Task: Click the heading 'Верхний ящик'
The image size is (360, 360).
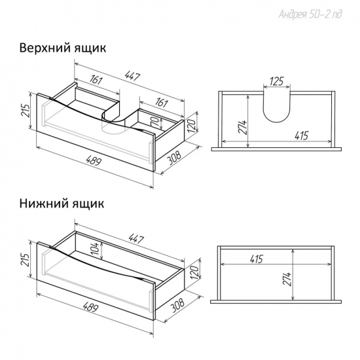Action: [63, 48]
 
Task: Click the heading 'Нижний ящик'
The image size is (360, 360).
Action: [62, 203]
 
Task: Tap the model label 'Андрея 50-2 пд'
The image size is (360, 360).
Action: [310, 14]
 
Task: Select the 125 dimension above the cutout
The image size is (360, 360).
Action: [277, 81]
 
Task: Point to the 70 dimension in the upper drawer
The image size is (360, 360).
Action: [155, 122]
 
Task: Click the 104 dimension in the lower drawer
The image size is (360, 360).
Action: [95, 249]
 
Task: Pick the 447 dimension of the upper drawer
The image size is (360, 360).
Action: [132, 76]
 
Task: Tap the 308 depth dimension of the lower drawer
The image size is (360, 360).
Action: [177, 305]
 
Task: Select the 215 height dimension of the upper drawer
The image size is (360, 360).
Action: [26, 111]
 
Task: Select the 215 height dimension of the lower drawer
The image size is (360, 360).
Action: [26, 260]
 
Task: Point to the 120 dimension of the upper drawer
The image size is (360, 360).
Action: [192, 125]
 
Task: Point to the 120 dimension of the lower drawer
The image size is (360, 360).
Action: [194, 272]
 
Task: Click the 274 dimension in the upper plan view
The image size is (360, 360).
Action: [242, 127]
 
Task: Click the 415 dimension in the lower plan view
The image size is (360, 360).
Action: [256, 259]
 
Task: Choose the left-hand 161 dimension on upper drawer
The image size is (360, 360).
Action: [96, 80]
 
